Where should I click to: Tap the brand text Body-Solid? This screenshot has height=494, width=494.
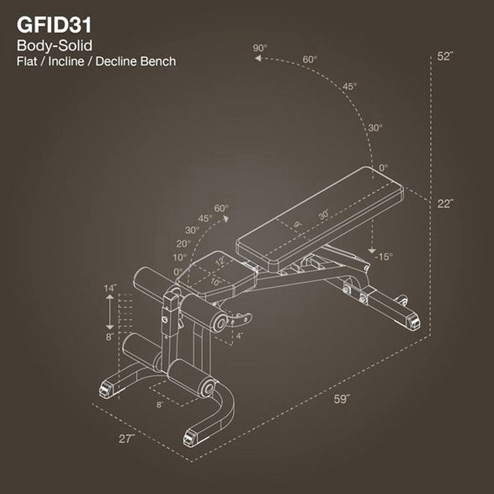point(55,46)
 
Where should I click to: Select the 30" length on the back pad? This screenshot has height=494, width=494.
point(324,215)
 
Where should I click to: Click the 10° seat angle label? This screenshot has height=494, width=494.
point(180,257)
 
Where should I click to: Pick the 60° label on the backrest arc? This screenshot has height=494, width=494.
point(310,59)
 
